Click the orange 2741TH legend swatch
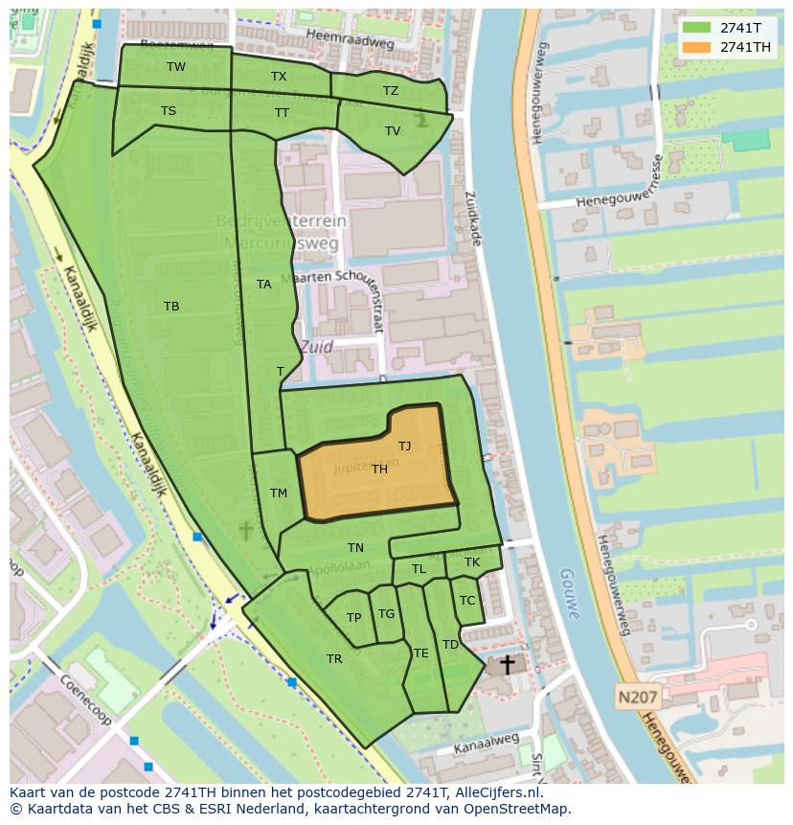[697, 47]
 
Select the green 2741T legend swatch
[697, 28]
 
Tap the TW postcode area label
[176, 67]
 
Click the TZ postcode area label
[391, 91]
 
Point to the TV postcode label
[393, 131]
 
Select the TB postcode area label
[171, 307]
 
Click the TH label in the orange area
[380, 469]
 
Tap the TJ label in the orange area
[405, 446]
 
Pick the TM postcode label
[279, 493]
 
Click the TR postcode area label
[334, 659]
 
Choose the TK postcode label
[472, 562]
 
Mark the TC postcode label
[467, 601]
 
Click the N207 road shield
[637, 698]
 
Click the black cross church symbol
[507, 664]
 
